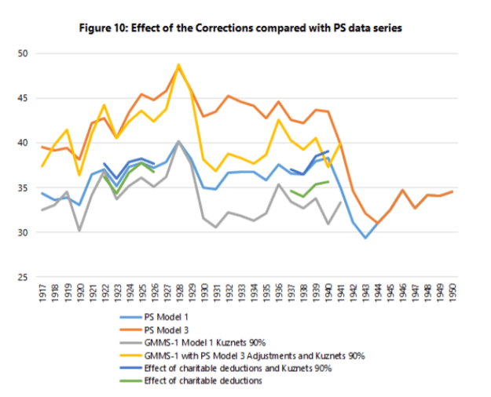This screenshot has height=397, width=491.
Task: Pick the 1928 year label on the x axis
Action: [x=178, y=294]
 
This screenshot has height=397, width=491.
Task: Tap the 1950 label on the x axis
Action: [x=453, y=294]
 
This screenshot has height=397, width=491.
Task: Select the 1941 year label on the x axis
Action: [x=340, y=294]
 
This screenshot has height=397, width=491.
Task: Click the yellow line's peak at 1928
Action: [x=178, y=65]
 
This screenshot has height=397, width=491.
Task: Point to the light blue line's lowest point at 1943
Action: [x=365, y=238]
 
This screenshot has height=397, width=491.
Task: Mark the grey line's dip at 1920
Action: [x=79, y=231]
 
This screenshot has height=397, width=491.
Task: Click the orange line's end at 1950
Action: [x=452, y=191]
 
